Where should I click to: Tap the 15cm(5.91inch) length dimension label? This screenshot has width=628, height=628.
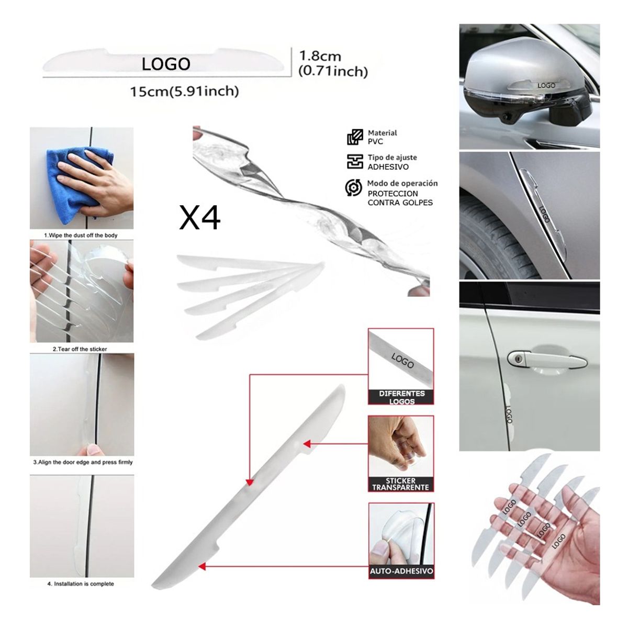pyautogui.click(x=184, y=92)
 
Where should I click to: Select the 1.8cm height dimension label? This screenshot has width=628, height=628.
pyautogui.click(x=320, y=56)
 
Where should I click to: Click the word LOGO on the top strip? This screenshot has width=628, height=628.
pyautogui.click(x=166, y=64)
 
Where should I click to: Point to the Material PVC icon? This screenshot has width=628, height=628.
pyautogui.click(x=355, y=137)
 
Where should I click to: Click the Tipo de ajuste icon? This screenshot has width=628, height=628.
pyautogui.click(x=355, y=162)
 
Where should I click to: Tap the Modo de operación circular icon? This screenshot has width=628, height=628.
pyautogui.click(x=354, y=187)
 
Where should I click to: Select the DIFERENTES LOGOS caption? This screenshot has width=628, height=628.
pyautogui.click(x=401, y=397)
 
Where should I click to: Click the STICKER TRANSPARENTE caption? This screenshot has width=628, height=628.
pyautogui.click(x=401, y=484)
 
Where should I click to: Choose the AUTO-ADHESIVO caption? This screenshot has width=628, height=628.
pyautogui.click(x=401, y=571)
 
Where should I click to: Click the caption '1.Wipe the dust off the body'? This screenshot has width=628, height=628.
pyautogui.click(x=81, y=235)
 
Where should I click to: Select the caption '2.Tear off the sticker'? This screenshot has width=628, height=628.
pyautogui.click(x=80, y=349)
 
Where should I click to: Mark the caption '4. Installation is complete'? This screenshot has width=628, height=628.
pyautogui.click(x=81, y=584)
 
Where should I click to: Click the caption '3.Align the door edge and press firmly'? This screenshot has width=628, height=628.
pyautogui.click(x=83, y=463)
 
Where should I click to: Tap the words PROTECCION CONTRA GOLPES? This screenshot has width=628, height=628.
pyautogui.click(x=400, y=198)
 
